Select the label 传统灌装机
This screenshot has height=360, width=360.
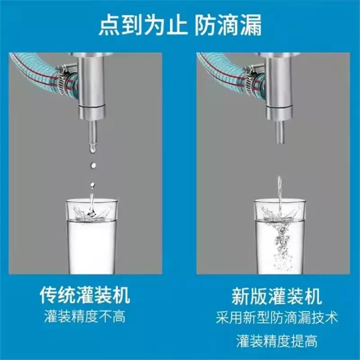click(x=85, y=296)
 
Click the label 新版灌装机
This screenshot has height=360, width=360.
click(x=277, y=296)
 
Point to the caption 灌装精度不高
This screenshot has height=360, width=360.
click(x=85, y=317)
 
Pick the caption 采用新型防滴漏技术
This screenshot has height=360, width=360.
click(x=277, y=318)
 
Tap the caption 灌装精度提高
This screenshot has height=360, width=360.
click(x=277, y=341)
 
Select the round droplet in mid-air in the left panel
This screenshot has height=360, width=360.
click(x=93, y=165)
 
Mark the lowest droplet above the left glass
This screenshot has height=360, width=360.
click(x=93, y=185)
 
